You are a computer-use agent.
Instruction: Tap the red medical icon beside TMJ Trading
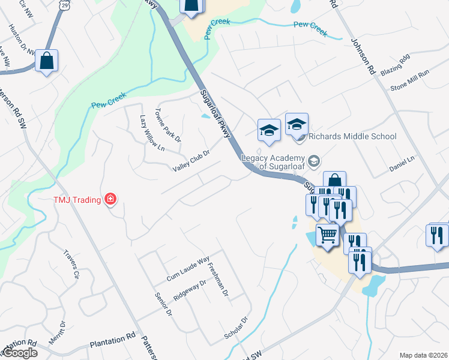(110, 199)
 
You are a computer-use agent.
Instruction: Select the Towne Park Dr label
(168, 124)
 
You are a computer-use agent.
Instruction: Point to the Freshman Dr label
(218, 278)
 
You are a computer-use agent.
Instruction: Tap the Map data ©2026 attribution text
(423, 355)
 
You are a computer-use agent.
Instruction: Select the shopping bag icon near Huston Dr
(47, 61)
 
